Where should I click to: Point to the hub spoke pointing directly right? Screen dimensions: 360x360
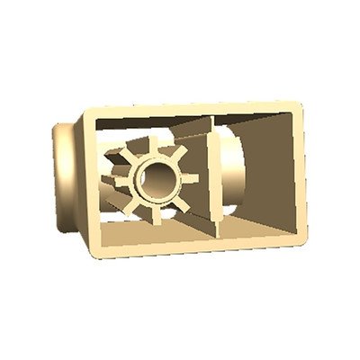(191, 178)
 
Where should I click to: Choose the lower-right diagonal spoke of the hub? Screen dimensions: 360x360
(180, 202)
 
